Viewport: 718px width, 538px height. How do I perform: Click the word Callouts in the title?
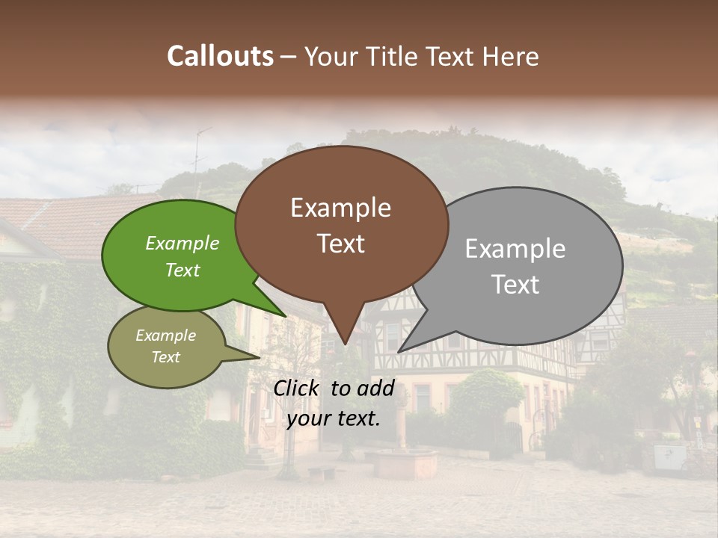[x=220, y=56]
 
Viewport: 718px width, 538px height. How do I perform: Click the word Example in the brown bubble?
[x=341, y=208]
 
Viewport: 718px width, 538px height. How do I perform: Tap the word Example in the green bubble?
[x=182, y=243]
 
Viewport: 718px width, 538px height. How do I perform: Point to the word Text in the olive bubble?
[x=165, y=357]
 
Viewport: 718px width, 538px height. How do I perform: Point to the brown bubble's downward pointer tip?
[x=345, y=344]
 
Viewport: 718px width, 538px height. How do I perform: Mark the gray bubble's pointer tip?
[x=399, y=351]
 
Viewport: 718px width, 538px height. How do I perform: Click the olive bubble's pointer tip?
[x=259, y=358]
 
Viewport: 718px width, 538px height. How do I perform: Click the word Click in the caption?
[x=298, y=388]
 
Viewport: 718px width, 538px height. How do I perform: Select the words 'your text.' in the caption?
[x=333, y=418]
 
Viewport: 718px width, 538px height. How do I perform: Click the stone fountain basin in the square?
[x=405, y=463]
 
